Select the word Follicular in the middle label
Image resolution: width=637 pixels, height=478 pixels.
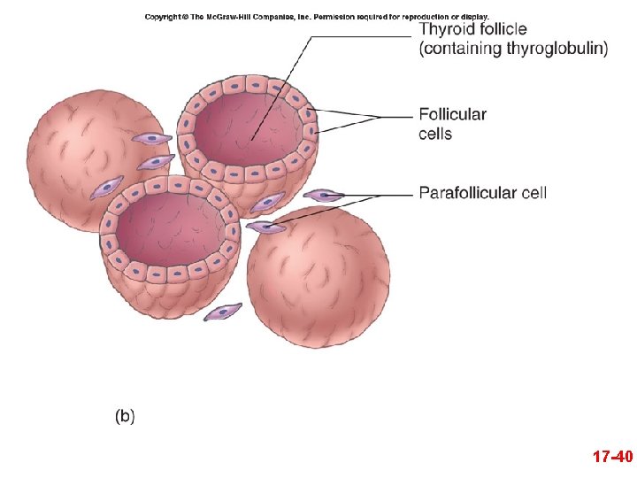click(x=452, y=114)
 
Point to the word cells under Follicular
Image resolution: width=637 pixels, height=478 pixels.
click(x=435, y=134)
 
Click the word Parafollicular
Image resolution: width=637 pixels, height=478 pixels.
click(x=467, y=192)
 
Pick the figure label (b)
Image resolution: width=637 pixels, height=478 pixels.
click(x=125, y=415)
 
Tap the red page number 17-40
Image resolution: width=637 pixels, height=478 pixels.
click(x=612, y=458)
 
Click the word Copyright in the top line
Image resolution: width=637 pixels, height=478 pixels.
click(x=165, y=17)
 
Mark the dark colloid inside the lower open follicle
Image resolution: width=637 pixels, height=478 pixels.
click(x=168, y=230)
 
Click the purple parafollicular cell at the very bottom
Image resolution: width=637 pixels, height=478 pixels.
click(x=223, y=312)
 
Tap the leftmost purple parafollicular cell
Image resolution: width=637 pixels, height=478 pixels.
click(x=107, y=187)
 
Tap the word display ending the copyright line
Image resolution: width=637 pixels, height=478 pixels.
click(x=472, y=17)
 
